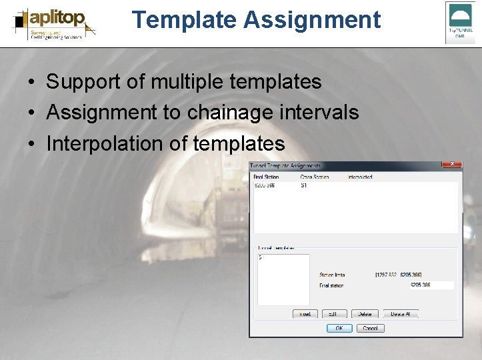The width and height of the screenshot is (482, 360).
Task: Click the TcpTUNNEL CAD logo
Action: coord(460,22)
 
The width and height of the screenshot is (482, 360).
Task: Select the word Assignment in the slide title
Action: coord(311,20)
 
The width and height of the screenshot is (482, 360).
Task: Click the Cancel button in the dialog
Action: coord(371,328)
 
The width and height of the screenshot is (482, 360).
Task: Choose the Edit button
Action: coord(334,313)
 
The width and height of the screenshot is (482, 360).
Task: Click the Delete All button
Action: coord(401,313)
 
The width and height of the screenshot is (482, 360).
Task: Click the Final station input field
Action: coord(431,285)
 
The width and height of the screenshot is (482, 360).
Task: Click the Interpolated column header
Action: coord(360,177)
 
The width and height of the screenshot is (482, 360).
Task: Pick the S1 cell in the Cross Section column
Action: coord(303,185)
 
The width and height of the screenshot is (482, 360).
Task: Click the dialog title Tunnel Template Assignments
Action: coord(285,165)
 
